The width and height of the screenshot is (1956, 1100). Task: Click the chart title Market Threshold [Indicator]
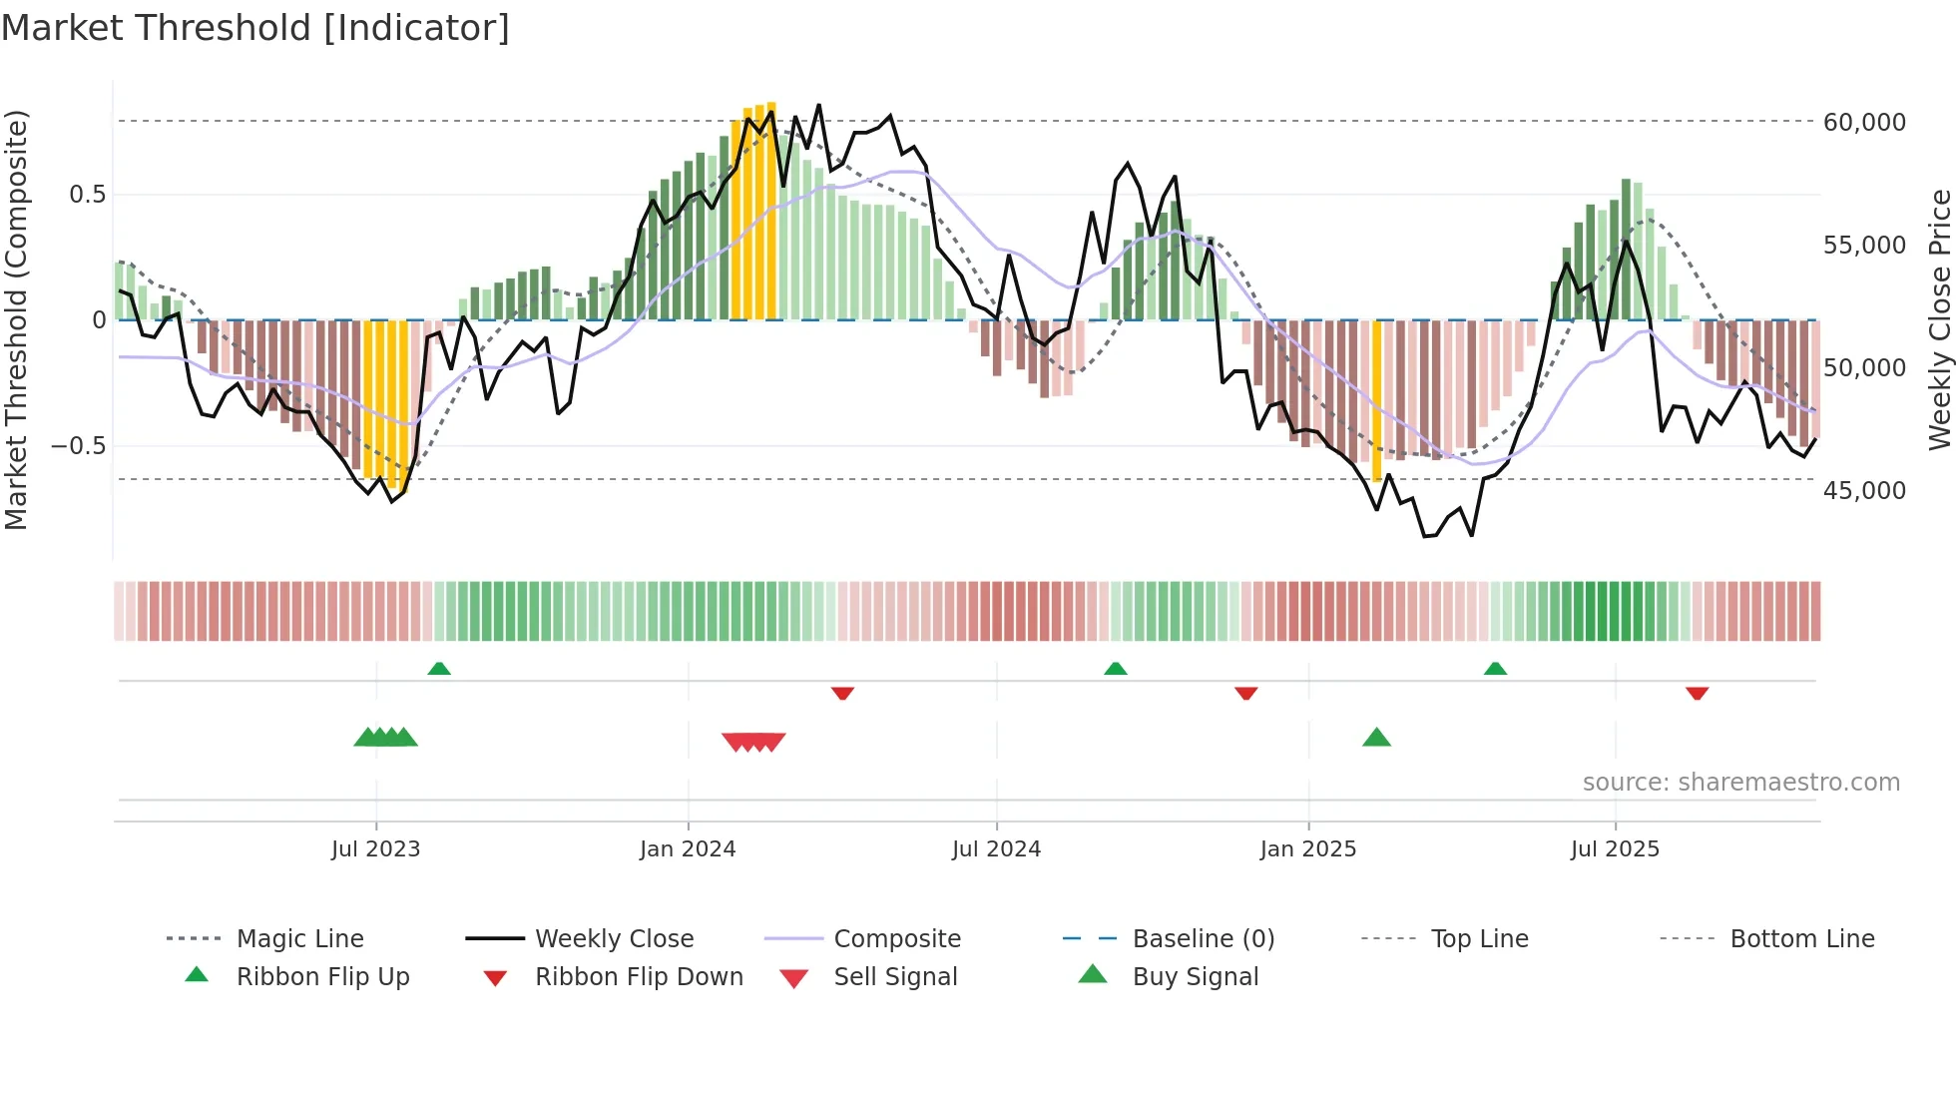(x=255, y=28)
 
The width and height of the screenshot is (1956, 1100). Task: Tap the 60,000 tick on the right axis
(x=1863, y=123)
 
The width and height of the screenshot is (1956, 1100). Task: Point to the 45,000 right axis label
(x=1863, y=491)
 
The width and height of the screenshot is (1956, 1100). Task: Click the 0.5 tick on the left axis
(x=88, y=195)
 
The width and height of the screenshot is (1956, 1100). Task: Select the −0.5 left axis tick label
(x=79, y=446)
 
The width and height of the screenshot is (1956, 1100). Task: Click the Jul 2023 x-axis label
(x=375, y=849)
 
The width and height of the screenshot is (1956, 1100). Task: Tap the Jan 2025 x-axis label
(x=1307, y=849)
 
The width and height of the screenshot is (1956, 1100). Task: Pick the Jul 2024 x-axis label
(x=996, y=849)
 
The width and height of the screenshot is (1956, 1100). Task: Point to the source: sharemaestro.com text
(x=1740, y=783)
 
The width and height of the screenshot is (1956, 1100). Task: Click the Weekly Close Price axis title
(x=1938, y=319)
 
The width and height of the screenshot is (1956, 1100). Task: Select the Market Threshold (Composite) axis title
(x=17, y=319)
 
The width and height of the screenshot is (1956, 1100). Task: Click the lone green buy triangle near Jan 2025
(x=1376, y=738)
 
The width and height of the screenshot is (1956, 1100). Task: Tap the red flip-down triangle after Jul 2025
(x=1697, y=693)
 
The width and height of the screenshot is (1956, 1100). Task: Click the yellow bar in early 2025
(x=1377, y=399)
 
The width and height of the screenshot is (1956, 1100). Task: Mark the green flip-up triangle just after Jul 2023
(x=439, y=669)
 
